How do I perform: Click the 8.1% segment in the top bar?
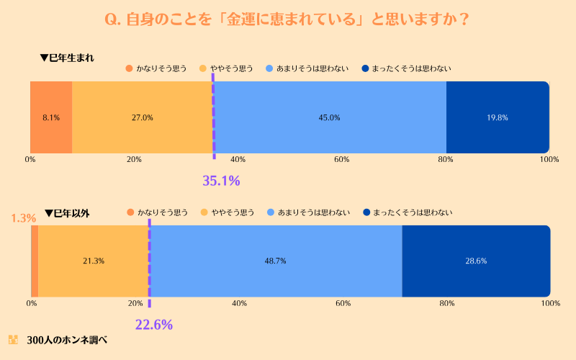pos(51,117)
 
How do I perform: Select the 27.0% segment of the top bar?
pos(143,117)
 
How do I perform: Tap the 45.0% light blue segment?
pos(330,117)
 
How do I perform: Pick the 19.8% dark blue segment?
pos(498,117)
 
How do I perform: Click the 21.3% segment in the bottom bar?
pos(94,261)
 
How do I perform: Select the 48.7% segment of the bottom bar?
pos(276,261)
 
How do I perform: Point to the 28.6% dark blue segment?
pos(476,261)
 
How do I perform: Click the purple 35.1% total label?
pos(221,181)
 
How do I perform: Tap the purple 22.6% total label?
pos(154,325)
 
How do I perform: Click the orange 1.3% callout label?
pos(24,217)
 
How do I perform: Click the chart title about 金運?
pos(288,19)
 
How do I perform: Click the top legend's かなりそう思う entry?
pos(156,69)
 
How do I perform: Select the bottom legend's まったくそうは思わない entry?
pos(408,212)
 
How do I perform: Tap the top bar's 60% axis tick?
pos(341,159)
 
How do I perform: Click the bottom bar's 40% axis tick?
pos(239,303)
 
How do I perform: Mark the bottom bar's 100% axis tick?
pos(550,303)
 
